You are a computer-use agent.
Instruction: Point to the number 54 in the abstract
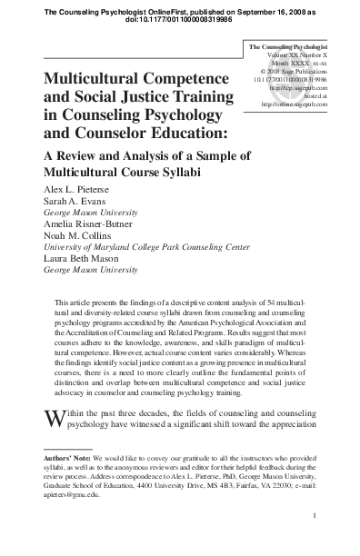coord(243,302)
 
